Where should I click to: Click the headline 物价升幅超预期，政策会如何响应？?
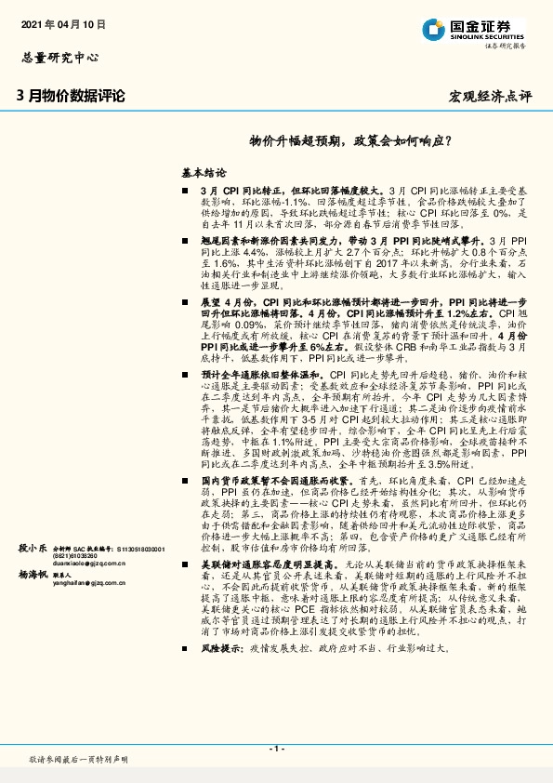pyautogui.click(x=351, y=142)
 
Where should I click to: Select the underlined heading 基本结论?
pyautogui.click(x=204, y=173)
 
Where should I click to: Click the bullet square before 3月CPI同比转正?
pyautogui.click(x=185, y=190)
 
